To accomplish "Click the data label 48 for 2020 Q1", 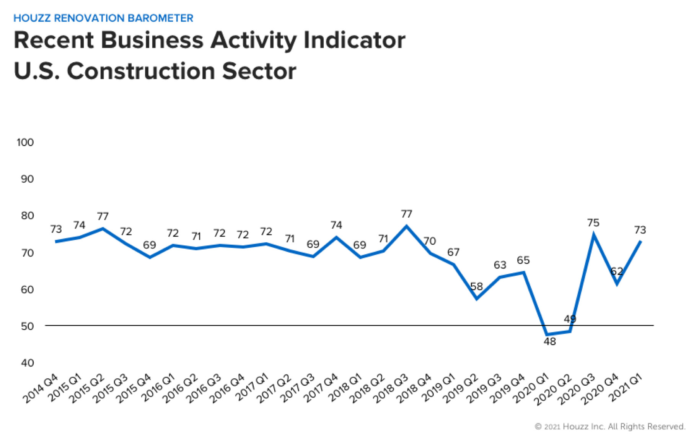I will coord(549,341).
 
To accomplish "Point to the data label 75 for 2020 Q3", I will coord(593,222).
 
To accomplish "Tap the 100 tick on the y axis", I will coord(25,142).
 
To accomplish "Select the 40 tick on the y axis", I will coord(27,362).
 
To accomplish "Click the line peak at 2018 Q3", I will coord(406,226).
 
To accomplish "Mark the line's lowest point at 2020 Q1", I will coord(547,335).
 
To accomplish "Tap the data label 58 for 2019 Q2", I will coord(476,286).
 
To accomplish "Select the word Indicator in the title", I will coord(354,40).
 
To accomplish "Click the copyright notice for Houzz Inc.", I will coord(610,426).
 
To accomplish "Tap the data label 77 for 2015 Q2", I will coord(103,216).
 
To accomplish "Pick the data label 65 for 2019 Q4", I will coord(523,260).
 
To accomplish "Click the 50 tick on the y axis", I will coord(27,326).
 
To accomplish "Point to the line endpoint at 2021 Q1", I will coord(640,241).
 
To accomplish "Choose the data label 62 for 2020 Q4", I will coord(616,271).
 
